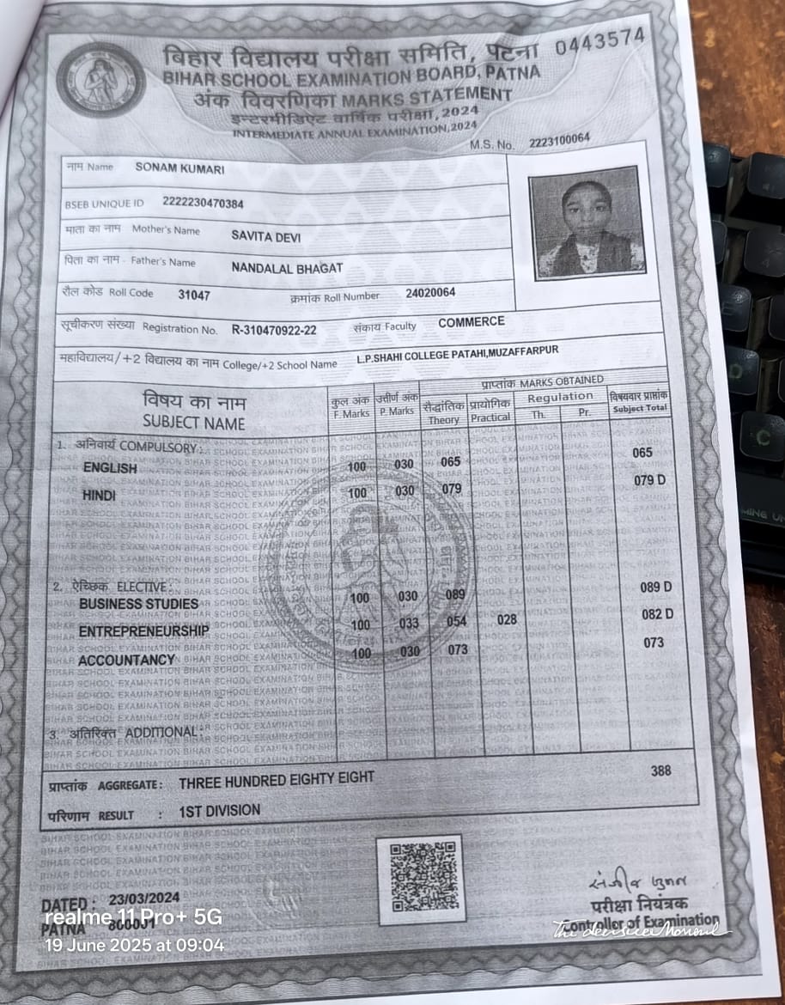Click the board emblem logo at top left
coord(101,81)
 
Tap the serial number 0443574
coord(599,42)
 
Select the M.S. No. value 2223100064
coord(560,141)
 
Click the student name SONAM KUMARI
coord(180,169)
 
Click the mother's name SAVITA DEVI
coord(266,235)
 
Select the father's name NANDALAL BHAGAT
coord(287,268)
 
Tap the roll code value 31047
coord(194,295)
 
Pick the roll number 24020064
coord(430,294)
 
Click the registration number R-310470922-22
coord(274,330)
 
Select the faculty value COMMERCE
coord(472,322)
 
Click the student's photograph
coord(587,222)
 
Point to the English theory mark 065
coord(450,462)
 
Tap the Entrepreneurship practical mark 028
coord(508,619)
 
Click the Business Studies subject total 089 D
coord(657,588)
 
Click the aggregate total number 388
coord(660,770)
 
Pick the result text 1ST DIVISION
coord(220,810)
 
